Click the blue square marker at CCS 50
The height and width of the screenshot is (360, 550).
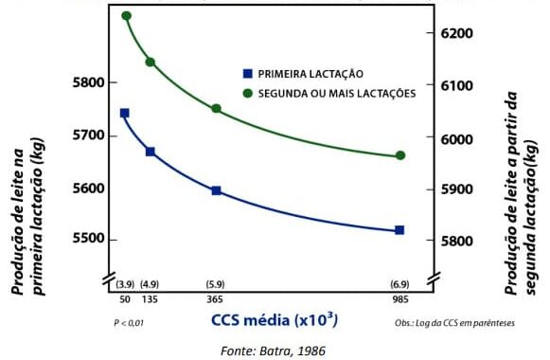[124, 113]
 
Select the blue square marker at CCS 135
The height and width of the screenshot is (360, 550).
[150, 152]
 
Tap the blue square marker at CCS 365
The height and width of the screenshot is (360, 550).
[216, 190]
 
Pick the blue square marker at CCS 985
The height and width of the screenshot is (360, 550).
[399, 230]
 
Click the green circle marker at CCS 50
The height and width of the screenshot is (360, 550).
[127, 16]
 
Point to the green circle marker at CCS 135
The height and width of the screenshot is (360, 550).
[150, 63]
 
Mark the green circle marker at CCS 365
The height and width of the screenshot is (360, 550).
[216, 109]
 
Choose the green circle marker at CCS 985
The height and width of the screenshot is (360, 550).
[399, 155]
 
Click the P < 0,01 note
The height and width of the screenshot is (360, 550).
[130, 323]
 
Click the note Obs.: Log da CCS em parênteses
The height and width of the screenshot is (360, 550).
[455, 323]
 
